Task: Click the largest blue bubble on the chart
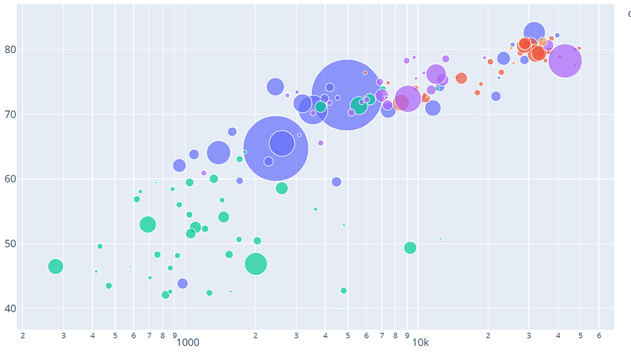[x=348, y=94]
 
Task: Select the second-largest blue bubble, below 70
[x=276, y=148]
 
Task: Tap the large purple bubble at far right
[x=564, y=60]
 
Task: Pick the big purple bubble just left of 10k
[x=407, y=98]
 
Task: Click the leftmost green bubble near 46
[x=55, y=266]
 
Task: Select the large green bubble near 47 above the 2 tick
[x=256, y=264]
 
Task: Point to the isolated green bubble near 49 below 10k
[x=410, y=248]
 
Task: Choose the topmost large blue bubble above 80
[x=535, y=33]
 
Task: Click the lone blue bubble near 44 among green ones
[x=182, y=284]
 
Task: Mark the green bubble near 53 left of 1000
[x=147, y=224]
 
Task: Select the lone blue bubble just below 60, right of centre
[x=336, y=182]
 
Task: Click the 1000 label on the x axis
[x=188, y=342]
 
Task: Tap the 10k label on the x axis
[x=420, y=342]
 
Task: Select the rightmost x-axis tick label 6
[x=599, y=335]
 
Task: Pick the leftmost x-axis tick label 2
[x=23, y=335]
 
